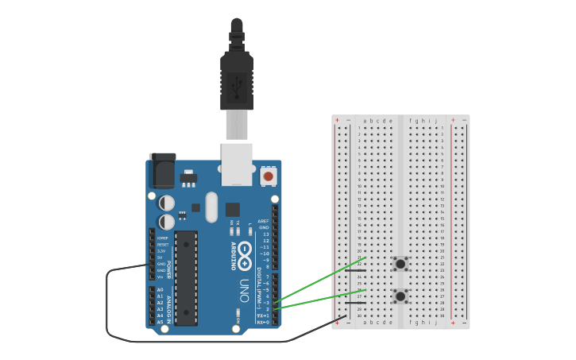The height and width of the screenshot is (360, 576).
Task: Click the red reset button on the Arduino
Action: [269, 176]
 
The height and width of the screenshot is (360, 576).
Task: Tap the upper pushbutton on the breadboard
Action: [400, 263]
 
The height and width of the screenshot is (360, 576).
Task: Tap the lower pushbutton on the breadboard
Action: [400, 296]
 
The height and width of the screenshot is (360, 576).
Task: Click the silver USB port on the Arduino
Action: [237, 163]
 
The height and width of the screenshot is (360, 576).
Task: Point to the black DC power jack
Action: [162, 170]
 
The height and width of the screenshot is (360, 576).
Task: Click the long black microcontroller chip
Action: [187, 277]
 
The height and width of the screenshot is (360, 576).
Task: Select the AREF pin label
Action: [264, 222]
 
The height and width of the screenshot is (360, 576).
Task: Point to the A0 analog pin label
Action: [160, 290]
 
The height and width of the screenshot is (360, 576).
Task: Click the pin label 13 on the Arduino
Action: [265, 234]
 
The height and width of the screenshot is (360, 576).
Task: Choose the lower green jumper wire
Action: [318, 300]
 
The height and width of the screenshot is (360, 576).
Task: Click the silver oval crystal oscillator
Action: [211, 207]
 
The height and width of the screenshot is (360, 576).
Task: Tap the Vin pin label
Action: [160, 277]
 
